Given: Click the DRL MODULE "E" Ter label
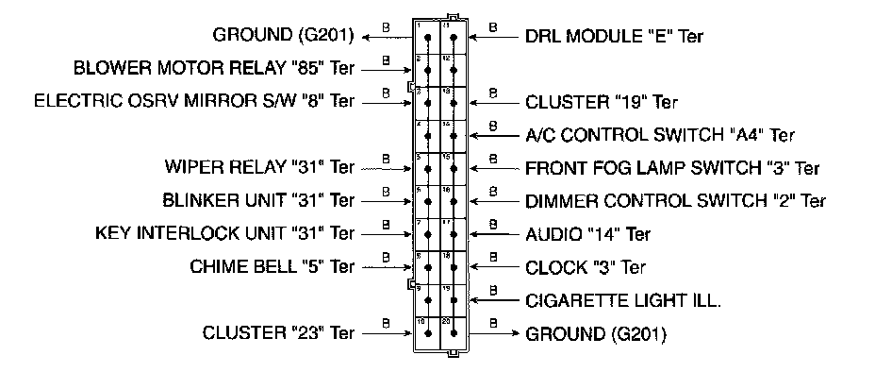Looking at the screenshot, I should click(x=614, y=36).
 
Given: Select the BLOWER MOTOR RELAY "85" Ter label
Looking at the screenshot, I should click(x=214, y=69).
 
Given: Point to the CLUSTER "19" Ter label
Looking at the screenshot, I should click(x=602, y=102).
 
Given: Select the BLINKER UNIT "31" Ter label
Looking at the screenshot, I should click(x=258, y=201).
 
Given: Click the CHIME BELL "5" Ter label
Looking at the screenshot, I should click(x=272, y=266).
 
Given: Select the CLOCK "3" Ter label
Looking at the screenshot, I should click(x=585, y=267).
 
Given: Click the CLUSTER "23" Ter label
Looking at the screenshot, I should click(x=278, y=332).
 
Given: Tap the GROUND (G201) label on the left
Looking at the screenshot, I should click(x=283, y=36).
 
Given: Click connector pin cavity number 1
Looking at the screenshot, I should click(x=428, y=39).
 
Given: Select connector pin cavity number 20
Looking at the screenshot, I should click(x=454, y=333).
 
